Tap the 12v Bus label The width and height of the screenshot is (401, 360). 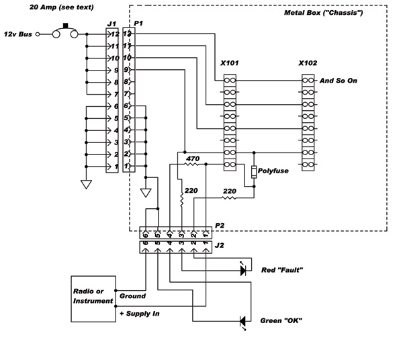[18, 34]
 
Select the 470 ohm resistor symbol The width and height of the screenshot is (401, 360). [192, 164]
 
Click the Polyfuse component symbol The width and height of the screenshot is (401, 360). [254, 172]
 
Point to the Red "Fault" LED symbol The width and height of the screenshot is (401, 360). [243, 270]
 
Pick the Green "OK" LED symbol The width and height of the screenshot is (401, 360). [242, 322]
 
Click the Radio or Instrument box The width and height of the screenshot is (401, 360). [93, 299]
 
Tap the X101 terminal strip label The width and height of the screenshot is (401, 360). [230, 63]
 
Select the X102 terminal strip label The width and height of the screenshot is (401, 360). [308, 63]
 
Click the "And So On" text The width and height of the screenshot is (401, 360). [339, 81]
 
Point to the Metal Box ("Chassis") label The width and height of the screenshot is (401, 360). [323, 13]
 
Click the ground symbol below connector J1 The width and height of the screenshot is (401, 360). [86, 184]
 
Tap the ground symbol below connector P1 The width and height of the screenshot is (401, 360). [146, 193]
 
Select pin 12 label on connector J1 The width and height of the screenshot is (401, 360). [115, 34]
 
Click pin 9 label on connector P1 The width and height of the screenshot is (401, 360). [126, 70]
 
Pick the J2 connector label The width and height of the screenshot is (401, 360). [219, 245]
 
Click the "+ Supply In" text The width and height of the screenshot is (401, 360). [140, 314]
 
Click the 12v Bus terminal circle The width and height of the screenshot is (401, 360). [38, 34]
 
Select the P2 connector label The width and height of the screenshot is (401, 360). [220, 226]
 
